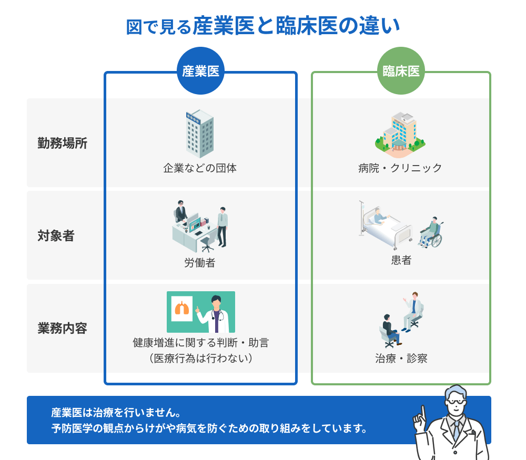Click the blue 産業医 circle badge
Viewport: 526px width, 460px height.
[x=200, y=71]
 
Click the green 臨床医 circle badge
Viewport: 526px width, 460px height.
[x=401, y=71]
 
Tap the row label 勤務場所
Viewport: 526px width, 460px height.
[x=63, y=143]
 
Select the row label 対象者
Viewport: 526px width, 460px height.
[x=56, y=236]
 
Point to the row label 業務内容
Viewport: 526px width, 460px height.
[x=63, y=328]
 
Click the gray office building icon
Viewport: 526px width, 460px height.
[x=200, y=134]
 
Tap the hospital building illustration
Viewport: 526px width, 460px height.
[x=400, y=135]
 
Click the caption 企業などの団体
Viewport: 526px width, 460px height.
[x=200, y=168]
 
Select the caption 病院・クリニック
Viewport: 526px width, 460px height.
[x=400, y=168]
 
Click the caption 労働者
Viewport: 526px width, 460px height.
[x=200, y=262]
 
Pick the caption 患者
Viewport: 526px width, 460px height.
[x=401, y=260]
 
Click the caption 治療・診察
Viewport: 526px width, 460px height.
[x=401, y=359]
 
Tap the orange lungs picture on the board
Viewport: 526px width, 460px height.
[x=182, y=308]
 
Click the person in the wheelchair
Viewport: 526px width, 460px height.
[x=431, y=232]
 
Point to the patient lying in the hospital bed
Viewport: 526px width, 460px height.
[x=379, y=217]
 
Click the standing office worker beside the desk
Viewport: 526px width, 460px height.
[x=222, y=227]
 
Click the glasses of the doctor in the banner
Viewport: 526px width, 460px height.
[x=457, y=401]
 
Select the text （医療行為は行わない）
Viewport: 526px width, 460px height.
[x=201, y=359]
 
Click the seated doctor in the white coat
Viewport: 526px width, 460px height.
[x=413, y=311]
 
